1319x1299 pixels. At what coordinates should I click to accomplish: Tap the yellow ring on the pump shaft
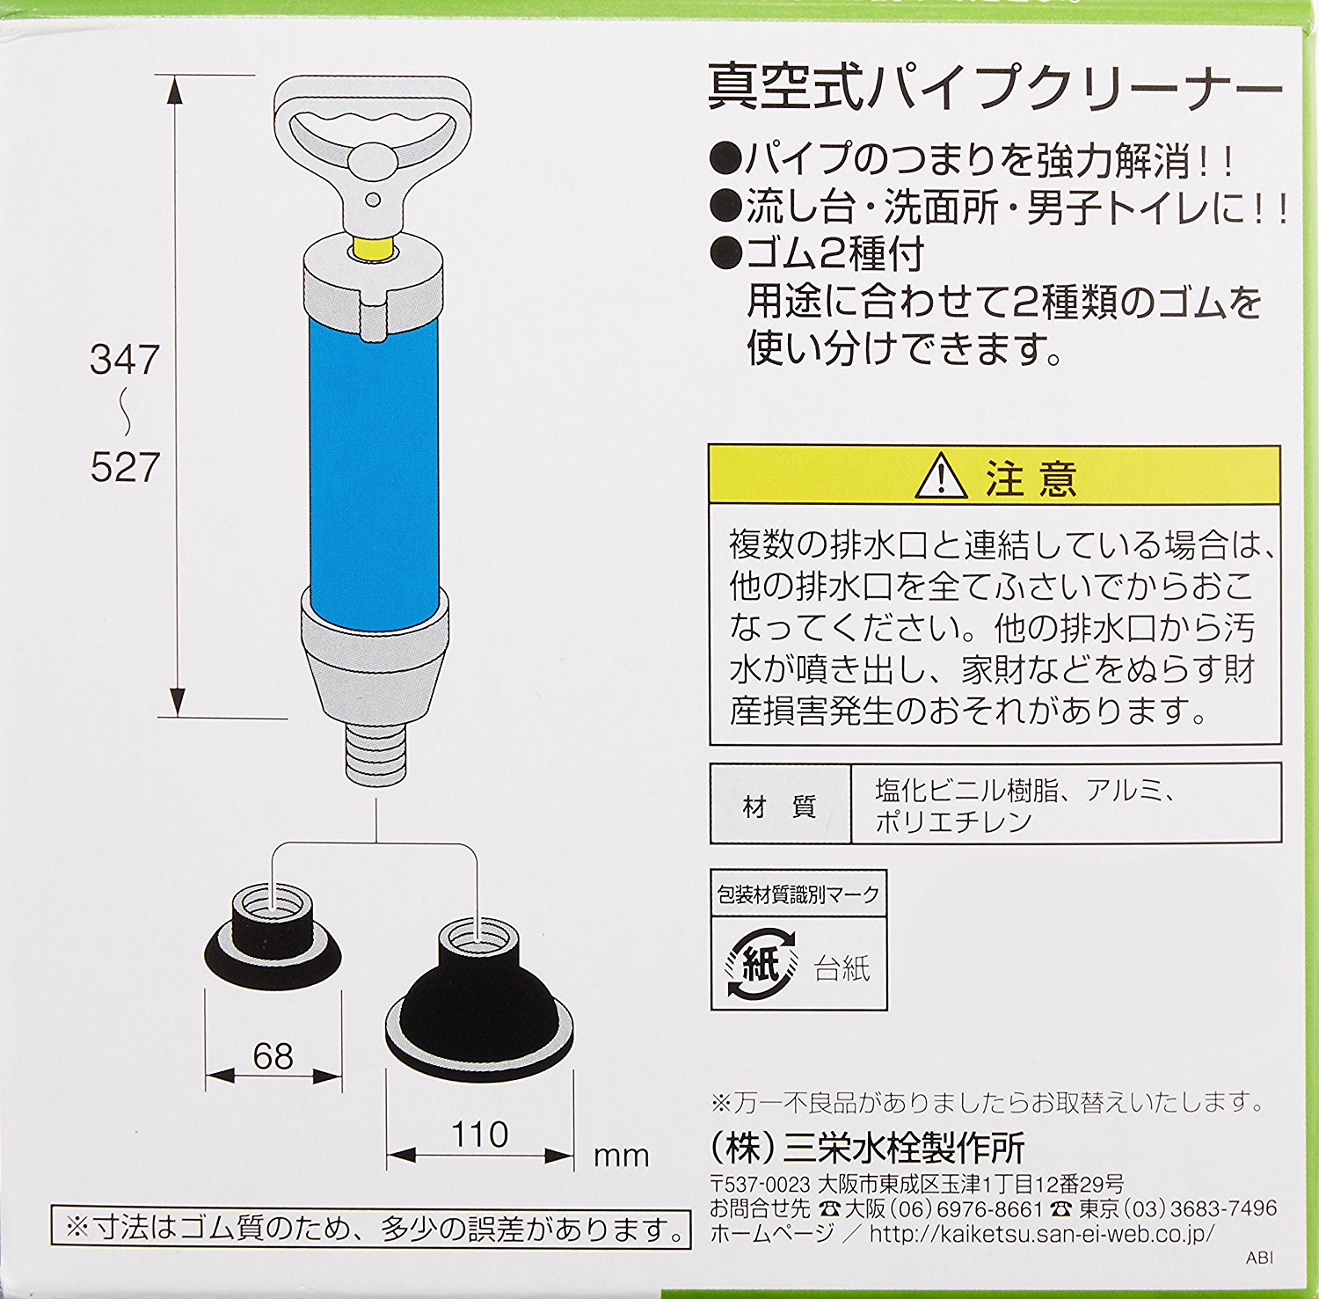point(373,247)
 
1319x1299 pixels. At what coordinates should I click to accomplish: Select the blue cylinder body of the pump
point(374,466)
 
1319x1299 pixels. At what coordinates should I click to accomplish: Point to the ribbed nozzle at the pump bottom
point(375,753)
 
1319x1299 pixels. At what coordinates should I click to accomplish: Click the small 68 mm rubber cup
point(273,938)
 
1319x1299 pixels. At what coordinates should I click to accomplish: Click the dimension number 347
point(125,360)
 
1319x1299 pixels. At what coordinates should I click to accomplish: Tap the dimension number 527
point(125,467)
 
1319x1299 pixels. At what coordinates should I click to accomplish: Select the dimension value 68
point(273,1055)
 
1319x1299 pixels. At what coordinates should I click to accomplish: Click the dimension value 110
point(479,1135)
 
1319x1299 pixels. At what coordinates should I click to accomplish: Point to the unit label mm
point(622,1156)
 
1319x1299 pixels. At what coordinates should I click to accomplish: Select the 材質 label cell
point(780,805)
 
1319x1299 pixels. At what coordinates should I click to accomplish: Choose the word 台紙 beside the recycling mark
point(842,968)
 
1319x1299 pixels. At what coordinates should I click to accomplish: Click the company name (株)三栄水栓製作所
point(868,1148)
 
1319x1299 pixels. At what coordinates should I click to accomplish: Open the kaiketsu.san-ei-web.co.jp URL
point(1042,1233)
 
